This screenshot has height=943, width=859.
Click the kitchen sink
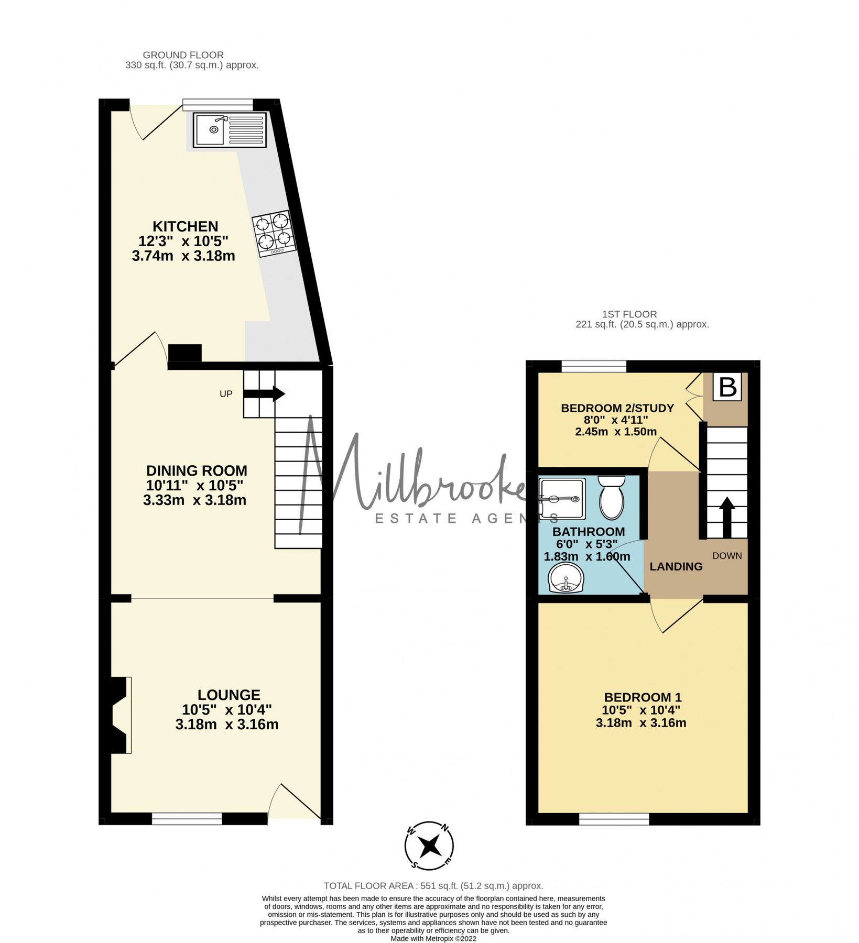coord(230,129)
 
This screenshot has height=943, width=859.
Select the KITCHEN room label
coord(185,226)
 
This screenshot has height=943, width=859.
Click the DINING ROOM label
coord(196,470)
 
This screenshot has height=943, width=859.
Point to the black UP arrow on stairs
coord(265,394)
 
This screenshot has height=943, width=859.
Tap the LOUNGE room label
coord(229,695)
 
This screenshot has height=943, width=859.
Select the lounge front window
coord(187,818)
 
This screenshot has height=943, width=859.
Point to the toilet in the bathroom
coord(611,496)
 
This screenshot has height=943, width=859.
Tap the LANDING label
coord(676,566)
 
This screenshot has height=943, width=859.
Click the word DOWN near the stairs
coord(727,555)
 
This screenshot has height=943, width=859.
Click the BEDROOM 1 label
coord(643,697)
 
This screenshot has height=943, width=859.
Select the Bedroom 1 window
coord(614,818)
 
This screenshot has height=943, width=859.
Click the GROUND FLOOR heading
coord(183,55)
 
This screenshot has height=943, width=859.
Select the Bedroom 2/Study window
coord(594,366)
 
